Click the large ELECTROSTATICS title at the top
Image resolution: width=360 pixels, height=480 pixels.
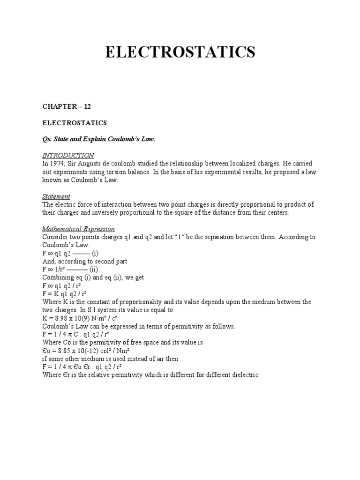pyautogui.click(x=180, y=52)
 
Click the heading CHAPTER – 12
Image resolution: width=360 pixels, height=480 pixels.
pyautogui.click(x=67, y=106)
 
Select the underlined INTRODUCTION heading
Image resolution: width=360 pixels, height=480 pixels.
pyautogui.click(x=68, y=155)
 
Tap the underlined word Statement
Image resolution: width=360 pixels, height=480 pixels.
pyautogui.click(x=56, y=196)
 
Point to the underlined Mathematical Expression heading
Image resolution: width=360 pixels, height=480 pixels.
pyautogui.click(x=78, y=229)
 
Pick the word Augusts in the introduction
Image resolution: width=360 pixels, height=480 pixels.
pyautogui.click(x=97, y=164)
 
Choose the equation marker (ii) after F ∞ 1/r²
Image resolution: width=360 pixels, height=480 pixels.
pyautogui.click(x=95, y=270)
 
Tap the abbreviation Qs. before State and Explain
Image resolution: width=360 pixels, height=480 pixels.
pyautogui.click(x=47, y=139)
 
